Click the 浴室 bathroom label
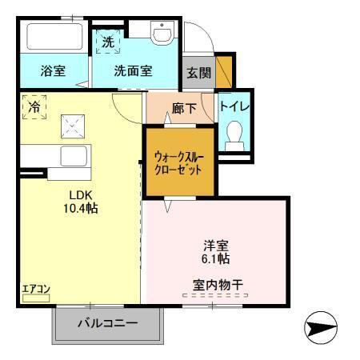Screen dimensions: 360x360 click(x=53, y=70)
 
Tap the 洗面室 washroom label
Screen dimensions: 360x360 click(x=133, y=70)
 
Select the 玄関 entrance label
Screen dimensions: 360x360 click(x=198, y=71)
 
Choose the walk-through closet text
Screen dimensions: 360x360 click(x=179, y=162)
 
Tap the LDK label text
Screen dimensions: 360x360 click(x=78, y=195)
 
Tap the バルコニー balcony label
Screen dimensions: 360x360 click(x=108, y=324)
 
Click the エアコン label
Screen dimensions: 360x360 click(x=36, y=291)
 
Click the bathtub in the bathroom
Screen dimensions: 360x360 click(x=53, y=38)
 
